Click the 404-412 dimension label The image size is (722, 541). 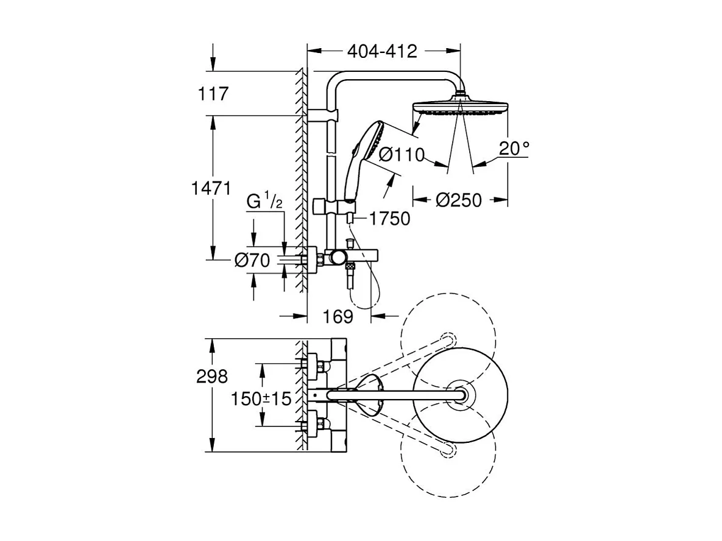pos(382,52)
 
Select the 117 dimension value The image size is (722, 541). pos(213,94)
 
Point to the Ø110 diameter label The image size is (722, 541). pos(402,155)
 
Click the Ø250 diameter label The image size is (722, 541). pos(460,200)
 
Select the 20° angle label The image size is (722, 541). pos(514,149)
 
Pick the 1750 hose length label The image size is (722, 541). pos(389,218)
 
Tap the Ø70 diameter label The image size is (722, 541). pos(252,261)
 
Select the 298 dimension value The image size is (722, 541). pos(213,377)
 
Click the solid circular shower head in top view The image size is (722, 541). pos(459,396)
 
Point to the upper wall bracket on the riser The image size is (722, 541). pos(322,116)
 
